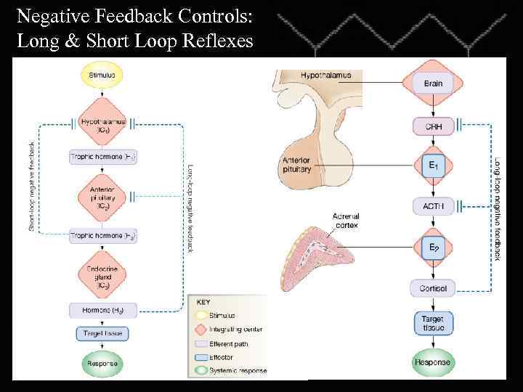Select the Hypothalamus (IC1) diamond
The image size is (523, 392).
tap(102, 126)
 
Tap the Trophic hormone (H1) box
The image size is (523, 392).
tap(102, 156)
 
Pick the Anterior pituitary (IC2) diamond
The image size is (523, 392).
tap(102, 197)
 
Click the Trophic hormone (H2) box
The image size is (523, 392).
tap(102, 236)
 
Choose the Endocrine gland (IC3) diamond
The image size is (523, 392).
tap(102, 276)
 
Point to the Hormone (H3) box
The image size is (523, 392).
tap(102, 311)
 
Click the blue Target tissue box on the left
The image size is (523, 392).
tap(102, 334)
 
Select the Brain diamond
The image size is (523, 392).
tap(432, 83)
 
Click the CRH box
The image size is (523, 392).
tap(432, 126)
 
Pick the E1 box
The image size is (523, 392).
tap(432, 166)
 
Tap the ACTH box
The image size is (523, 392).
tap(432, 207)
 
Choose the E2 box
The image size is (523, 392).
tap(432, 248)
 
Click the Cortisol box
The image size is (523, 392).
tap(432, 288)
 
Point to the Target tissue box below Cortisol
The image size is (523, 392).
tap(432, 324)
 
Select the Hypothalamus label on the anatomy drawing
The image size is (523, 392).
tap(326, 75)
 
